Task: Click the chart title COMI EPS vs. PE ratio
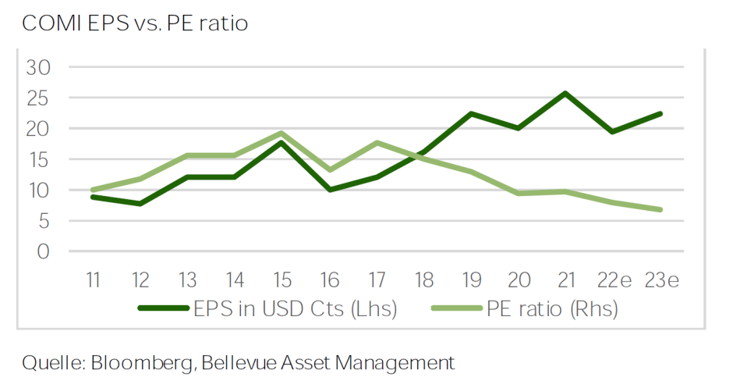click(135, 23)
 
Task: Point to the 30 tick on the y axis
click(37, 67)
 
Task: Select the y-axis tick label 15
click(37, 159)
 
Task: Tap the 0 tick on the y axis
click(44, 251)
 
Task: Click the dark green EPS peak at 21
click(565, 93)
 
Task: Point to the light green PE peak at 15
click(282, 134)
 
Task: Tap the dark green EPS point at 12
click(140, 204)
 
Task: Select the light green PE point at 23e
click(661, 209)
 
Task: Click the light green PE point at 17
click(377, 143)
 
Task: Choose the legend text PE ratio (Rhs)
click(552, 309)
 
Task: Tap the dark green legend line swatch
click(165, 309)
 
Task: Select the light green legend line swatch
click(456, 309)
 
